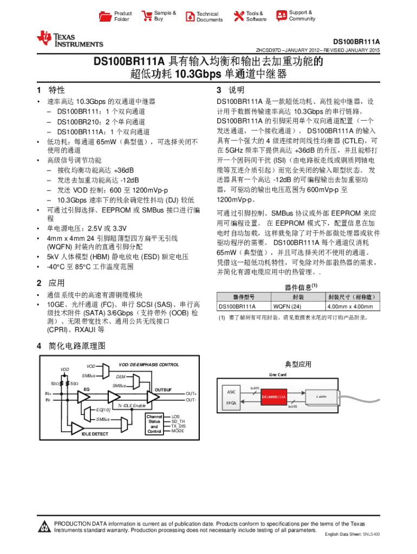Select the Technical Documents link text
click(x=209, y=17)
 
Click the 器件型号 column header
click(x=244, y=296)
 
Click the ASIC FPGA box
click(x=232, y=397)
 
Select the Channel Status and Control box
click(x=154, y=424)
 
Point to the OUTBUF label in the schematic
click(x=164, y=390)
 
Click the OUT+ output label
click(x=191, y=393)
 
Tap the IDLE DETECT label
click(x=95, y=434)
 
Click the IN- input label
click(x=48, y=400)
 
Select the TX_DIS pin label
click(x=178, y=426)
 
